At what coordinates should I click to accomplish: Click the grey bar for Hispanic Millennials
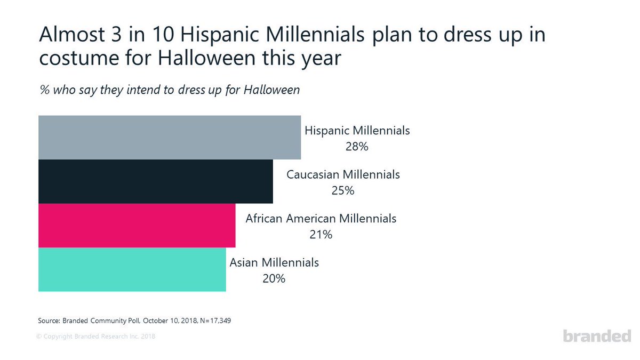pyautogui.click(x=170, y=137)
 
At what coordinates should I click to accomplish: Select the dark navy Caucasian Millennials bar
pyautogui.click(x=155, y=181)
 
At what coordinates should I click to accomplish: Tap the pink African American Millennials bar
pyautogui.click(x=137, y=225)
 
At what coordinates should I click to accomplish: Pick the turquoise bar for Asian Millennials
pyautogui.click(x=132, y=269)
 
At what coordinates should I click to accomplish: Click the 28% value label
pyautogui.click(x=357, y=146)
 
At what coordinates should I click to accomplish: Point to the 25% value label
pyautogui.click(x=342, y=190)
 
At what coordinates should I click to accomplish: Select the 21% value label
pyautogui.click(x=321, y=234)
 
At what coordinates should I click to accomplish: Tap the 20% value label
pyautogui.click(x=274, y=278)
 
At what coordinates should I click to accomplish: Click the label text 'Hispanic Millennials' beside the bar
pyautogui.click(x=357, y=130)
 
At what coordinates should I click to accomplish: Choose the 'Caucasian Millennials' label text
pyautogui.click(x=343, y=174)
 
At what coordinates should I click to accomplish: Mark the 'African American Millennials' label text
pyautogui.click(x=321, y=218)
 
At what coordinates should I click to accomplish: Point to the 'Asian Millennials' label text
pyautogui.click(x=274, y=262)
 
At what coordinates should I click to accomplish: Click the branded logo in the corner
pyautogui.click(x=597, y=336)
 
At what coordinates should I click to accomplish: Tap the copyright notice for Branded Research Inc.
pyautogui.click(x=96, y=337)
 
